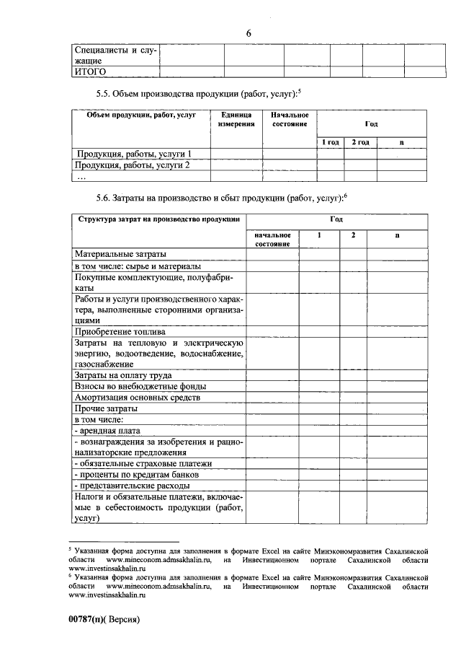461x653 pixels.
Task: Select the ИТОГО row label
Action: point(91,72)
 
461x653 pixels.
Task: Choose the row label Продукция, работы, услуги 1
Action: point(134,154)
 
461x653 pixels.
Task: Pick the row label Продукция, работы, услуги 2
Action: point(134,165)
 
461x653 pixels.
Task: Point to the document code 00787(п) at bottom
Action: point(93,619)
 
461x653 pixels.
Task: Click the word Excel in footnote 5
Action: point(271,550)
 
